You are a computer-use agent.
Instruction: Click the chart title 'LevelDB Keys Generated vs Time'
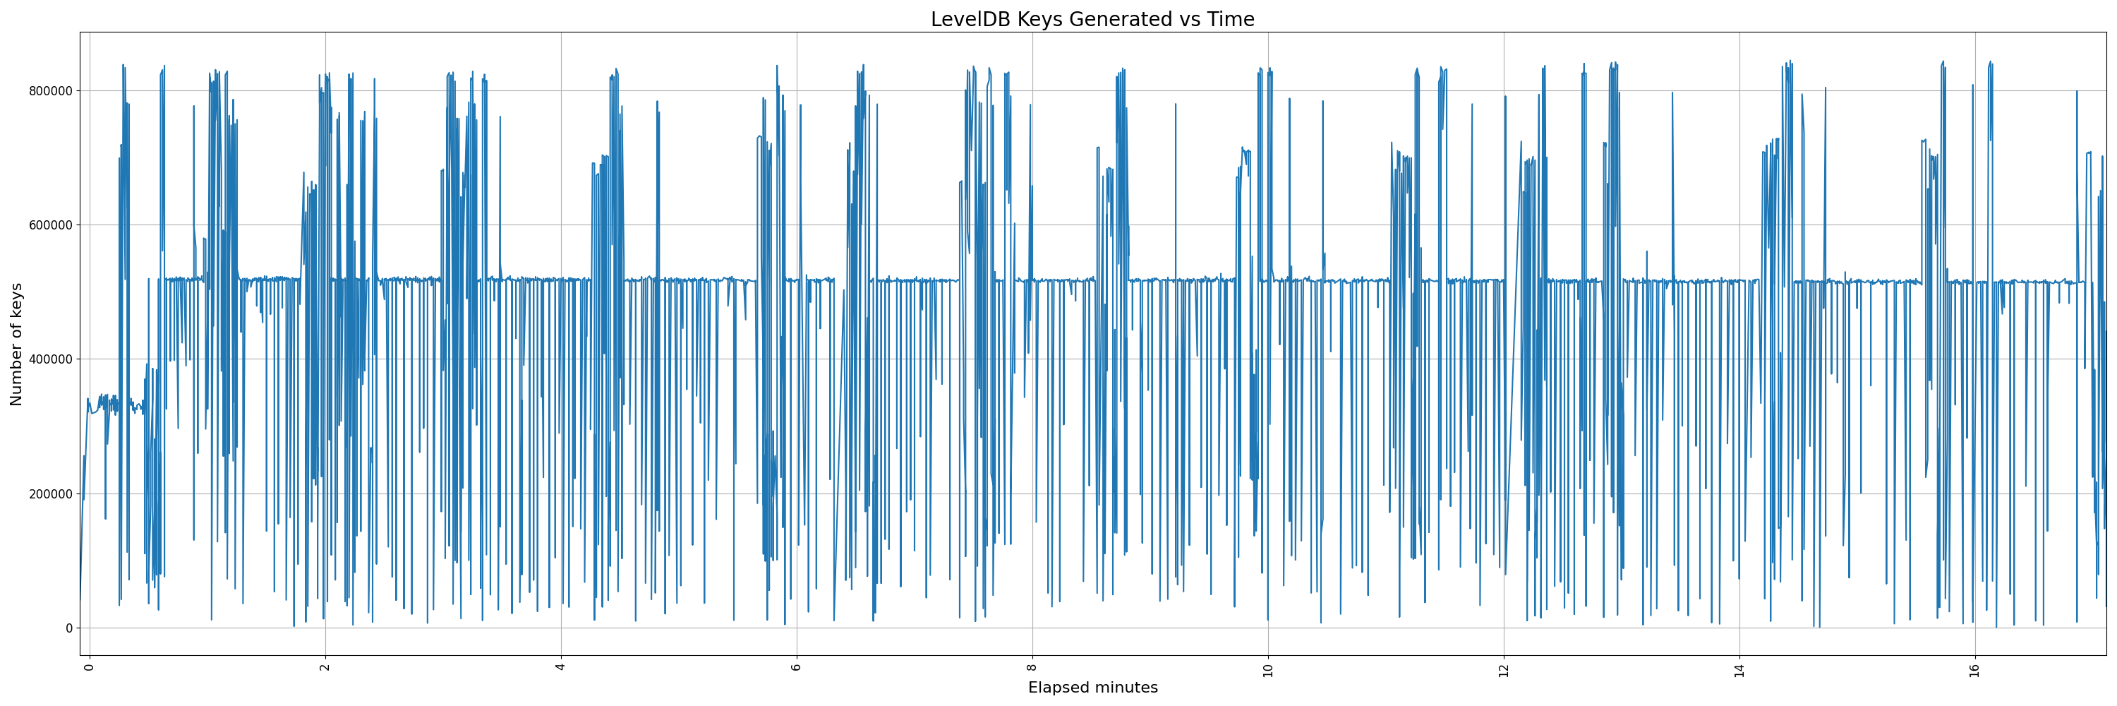(x=1092, y=19)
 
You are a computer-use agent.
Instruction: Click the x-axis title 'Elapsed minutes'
(x=1092, y=688)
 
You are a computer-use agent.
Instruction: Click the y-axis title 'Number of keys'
(x=16, y=345)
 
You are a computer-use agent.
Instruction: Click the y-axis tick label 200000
(x=49, y=494)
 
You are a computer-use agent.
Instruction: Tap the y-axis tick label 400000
(x=49, y=359)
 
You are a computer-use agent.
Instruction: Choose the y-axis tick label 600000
(x=49, y=225)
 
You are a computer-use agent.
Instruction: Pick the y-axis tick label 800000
(x=49, y=90)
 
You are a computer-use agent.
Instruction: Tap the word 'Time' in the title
(x=1230, y=19)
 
